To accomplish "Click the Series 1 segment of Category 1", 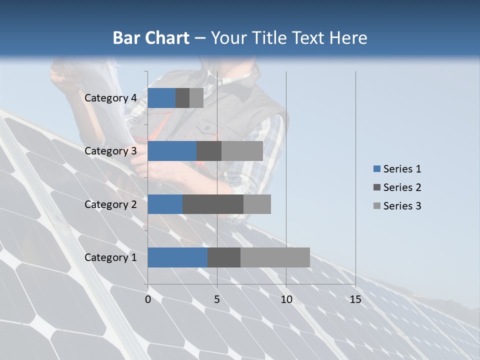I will click(177, 257).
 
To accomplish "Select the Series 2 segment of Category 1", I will click(224, 257).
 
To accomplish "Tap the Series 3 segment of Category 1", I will click(275, 257).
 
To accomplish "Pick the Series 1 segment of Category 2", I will click(165, 204).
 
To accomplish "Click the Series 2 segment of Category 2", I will click(213, 204).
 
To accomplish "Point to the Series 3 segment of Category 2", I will click(257, 204).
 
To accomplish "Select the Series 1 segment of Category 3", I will click(172, 151).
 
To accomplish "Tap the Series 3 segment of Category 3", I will click(242, 151).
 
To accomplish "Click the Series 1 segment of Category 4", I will click(161, 98).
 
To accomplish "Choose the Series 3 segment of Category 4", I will click(196, 98).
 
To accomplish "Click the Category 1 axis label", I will click(110, 257).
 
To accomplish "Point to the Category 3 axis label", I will click(110, 151).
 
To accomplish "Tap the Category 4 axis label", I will click(110, 98).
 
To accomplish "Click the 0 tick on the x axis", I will click(148, 299).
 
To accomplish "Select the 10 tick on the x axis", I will click(286, 299).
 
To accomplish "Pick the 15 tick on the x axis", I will click(355, 299).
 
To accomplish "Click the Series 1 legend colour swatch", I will click(376, 169).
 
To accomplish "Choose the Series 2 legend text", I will click(402, 187).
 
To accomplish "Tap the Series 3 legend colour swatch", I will click(376, 206).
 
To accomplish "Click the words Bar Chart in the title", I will click(151, 38).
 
